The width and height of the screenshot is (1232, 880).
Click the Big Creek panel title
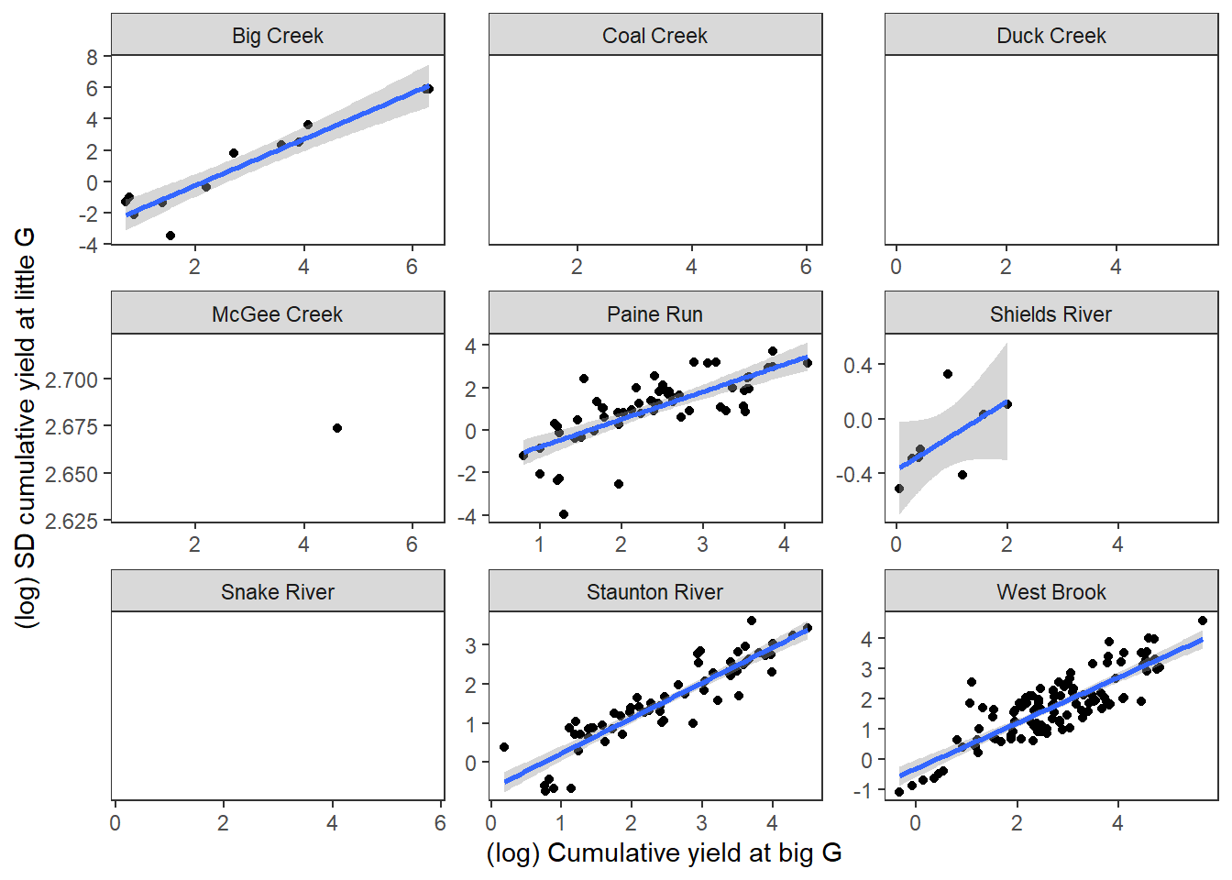pyautogui.click(x=278, y=36)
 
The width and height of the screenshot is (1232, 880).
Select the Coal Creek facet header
pyautogui.click(x=654, y=36)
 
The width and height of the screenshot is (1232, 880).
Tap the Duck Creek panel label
pyautogui.click(x=1050, y=36)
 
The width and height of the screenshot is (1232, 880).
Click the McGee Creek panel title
pyautogui.click(x=277, y=314)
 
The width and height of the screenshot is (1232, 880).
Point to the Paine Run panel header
pyautogui.click(x=654, y=314)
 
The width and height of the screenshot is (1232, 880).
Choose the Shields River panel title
pyautogui.click(x=1050, y=314)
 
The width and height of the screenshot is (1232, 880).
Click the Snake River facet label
pyautogui.click(x=277, y=592)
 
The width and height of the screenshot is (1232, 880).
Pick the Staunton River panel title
pyautogui.click(x=654, y=592)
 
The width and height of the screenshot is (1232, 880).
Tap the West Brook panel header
pyautogui.click(x=1050, y=592)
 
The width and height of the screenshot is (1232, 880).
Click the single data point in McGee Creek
pyautogui.click(x=337, y=428)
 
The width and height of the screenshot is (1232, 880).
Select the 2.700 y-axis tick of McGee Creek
pyautogui.click(x=71, y=379)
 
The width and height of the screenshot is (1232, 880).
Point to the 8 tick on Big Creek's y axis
pyautogui.click(x=92, y=57)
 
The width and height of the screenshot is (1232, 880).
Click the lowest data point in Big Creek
pyautogui.click(x=170, y=236)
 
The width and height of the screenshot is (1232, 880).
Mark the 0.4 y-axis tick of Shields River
pyautogui.click(x=858, y=366)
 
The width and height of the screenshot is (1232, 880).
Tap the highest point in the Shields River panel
pyautogui.click(x=948, y=374)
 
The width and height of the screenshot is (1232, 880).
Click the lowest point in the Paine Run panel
pyautogui.click(x=564, y=514)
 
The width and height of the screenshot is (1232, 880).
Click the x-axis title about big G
pyautogui.click(x=664, y=852)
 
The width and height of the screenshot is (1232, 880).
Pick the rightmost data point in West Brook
pyautogui.click(x=1203, y=621)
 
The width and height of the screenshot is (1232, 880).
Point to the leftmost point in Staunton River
pyautogui.click(x=504, y=747)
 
